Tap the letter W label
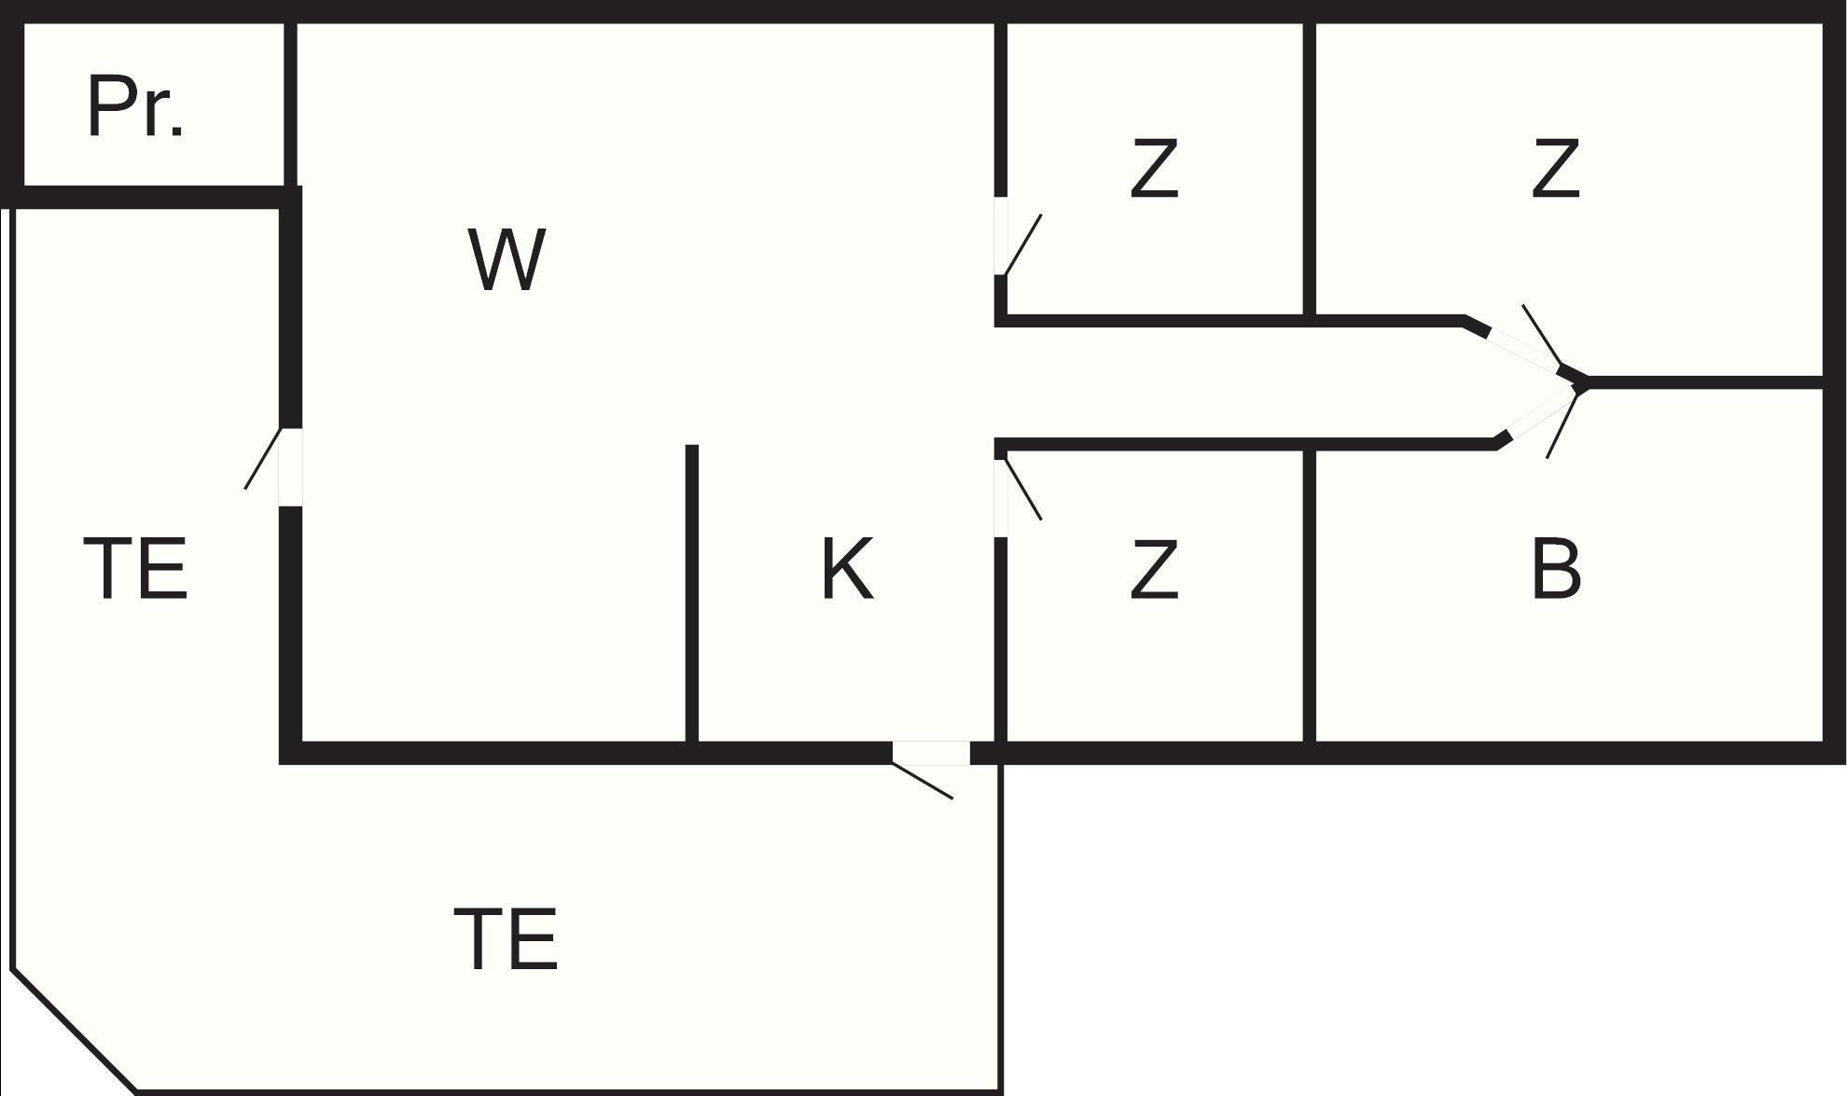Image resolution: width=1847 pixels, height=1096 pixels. tap(506, 259)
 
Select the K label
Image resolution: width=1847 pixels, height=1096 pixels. tap(847, 568)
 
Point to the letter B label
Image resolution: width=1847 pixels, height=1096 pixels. tap(1556, 568)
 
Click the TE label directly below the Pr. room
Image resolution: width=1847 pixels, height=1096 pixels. tap(135, 568)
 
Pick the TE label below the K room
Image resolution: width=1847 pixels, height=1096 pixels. tap(506, 939)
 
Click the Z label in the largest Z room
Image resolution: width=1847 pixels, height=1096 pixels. tap(1556, 169)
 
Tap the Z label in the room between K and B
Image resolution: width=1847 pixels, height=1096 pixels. tap(1154, 568)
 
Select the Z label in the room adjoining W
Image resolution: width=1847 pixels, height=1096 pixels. tap(1154, 169)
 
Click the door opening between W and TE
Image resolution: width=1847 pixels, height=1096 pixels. tap(290, 466)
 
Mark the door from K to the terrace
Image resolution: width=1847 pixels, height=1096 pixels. tap(931, 753)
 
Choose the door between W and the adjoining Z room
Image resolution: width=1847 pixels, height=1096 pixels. tap(1001, 236)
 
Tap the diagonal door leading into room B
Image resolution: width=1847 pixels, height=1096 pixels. tap(1539, 415)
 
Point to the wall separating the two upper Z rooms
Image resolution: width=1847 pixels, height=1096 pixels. tap(1310, 168)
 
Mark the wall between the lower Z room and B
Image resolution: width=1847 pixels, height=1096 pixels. tap(1310, 597)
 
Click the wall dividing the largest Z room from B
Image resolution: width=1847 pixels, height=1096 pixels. tap(1707, 382)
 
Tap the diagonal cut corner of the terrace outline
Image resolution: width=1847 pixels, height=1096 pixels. tap(75, 1031)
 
